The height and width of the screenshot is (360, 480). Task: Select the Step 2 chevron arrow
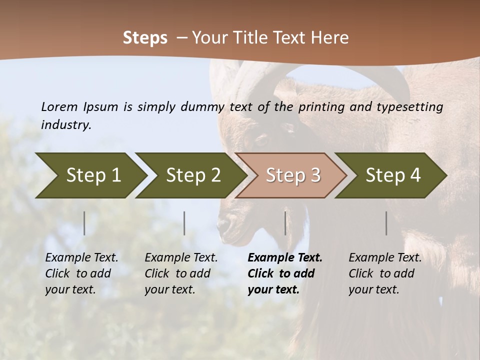tap(191, 175)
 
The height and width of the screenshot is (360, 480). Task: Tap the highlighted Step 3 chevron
tap(291, 175)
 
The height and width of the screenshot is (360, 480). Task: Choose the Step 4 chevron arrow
tap(391, 175)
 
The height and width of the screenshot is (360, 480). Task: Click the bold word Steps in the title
tap(145, 38)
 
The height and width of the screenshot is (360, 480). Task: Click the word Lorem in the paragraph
tap(59, 106)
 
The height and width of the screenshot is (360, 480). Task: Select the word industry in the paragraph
tap(65, 125)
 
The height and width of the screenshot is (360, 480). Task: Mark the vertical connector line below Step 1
tap(84, 223)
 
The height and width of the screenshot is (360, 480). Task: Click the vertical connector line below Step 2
tap(184, 223)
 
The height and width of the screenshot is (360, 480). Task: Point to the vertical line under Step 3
tap(285, 223)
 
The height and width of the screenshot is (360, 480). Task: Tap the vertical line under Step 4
tap(386, 223)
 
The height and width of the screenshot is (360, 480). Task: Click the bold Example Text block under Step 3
tap(284, 273)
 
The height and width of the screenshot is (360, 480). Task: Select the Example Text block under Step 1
tap(81, 273)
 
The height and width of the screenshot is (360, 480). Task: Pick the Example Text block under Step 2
tap(181, 273)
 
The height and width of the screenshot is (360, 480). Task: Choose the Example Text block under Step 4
tap(385, 273)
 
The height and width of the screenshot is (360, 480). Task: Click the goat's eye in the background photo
tap(262, 138)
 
